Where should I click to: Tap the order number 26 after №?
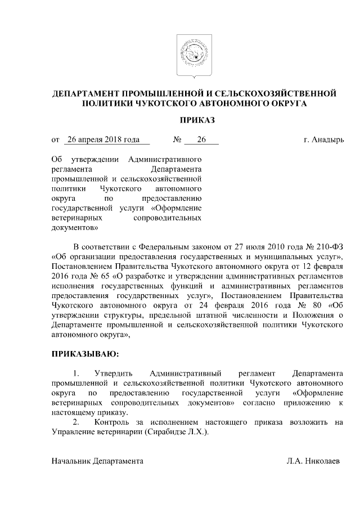[201, 139]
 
